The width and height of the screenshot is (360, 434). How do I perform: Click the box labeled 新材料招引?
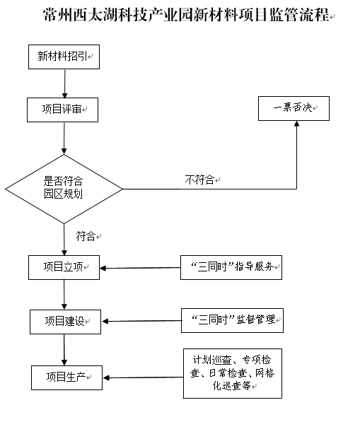[64, 57]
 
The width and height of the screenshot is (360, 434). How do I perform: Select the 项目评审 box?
[62, 110]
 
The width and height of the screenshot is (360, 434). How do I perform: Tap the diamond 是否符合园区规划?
[64, 189]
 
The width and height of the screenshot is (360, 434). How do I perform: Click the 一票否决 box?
[294, 108]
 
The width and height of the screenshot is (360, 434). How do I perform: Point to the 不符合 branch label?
[199, 180]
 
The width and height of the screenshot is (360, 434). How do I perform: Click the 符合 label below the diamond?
[86, 236]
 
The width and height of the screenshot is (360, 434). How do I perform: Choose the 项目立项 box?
[64, 267]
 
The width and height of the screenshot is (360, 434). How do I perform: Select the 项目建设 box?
[65, 322]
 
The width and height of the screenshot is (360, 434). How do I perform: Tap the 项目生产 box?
[66, 377]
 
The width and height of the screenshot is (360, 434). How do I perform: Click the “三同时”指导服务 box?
[231, 267]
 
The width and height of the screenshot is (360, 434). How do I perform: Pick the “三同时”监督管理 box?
[233, 320]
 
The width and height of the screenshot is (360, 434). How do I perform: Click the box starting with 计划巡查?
[233, 373]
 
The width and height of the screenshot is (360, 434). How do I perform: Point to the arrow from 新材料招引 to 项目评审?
[65, 83]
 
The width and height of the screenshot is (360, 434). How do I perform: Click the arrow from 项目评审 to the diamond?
[64, 138]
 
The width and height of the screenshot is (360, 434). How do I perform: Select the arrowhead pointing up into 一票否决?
[296, 124]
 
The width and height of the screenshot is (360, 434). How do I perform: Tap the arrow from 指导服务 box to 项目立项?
[140, 268]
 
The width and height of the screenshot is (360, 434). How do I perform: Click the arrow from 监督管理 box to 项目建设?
[141, 321]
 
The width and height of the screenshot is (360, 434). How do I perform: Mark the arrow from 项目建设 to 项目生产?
[64, 350]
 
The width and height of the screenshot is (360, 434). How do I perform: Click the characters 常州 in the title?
[57, 14]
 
